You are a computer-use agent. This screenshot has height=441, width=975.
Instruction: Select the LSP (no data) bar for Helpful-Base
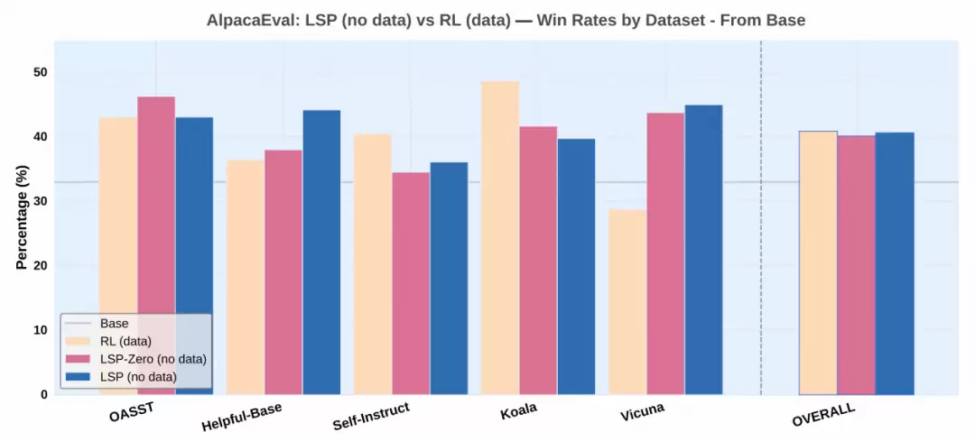321,252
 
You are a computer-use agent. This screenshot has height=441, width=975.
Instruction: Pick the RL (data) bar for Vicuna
627,301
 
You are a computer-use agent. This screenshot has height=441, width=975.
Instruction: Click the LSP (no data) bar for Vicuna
703,250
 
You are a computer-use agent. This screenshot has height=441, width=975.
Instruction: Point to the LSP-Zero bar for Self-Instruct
411,283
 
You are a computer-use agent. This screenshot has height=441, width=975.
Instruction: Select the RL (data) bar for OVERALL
818,262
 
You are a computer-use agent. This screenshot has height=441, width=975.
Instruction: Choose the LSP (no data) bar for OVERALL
895,263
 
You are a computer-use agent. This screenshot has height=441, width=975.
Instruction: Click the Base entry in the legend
114,323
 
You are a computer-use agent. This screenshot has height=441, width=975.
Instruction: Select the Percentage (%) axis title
22,217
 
